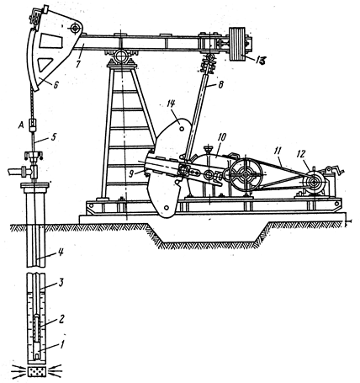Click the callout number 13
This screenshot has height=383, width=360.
[259, 60]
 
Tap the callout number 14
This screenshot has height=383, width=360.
[171, 104]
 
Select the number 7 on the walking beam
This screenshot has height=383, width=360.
[77, 62]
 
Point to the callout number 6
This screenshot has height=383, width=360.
[56, 84]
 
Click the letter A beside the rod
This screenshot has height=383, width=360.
[20, 126]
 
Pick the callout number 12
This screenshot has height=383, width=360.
[302, 154]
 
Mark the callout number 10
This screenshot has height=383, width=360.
[222, 138]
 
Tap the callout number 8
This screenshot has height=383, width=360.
[220, 85]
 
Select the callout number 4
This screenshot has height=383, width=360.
[61, 252]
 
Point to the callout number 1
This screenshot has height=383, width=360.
[63, 344]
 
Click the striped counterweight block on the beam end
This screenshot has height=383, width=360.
[238, 45]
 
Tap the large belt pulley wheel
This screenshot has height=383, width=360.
[246, 174]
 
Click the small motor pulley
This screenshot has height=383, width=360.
[312, 183]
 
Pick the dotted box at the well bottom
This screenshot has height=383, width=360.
[37, 371]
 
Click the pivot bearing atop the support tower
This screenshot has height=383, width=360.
[121, 56]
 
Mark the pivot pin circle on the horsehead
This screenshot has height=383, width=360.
[75, 28]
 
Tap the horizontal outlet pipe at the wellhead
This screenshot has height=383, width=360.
[17, 172]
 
